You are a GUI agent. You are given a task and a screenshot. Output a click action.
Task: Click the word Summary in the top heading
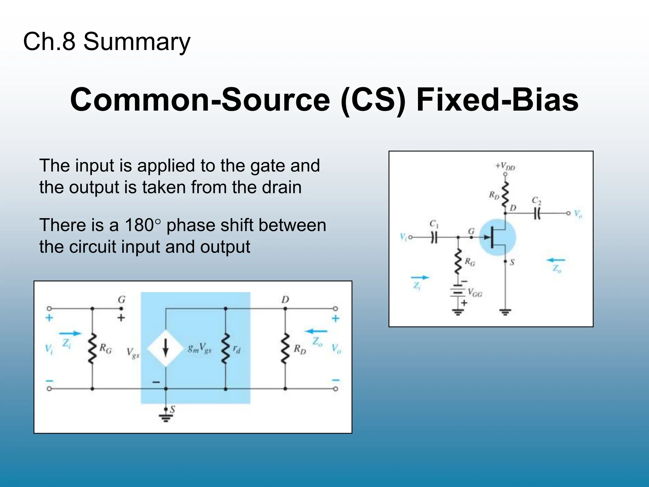137,42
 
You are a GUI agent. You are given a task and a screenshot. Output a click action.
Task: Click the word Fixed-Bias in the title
497,100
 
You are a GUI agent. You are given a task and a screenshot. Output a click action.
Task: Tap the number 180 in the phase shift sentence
139,225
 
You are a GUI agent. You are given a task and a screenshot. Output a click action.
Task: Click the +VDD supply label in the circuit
505,166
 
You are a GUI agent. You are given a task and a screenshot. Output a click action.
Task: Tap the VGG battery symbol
458,291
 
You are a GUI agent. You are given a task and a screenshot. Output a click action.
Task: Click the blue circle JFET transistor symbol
497,237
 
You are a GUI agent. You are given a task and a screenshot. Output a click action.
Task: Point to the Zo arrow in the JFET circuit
556,260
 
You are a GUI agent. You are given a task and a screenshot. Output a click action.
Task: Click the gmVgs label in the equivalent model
199,349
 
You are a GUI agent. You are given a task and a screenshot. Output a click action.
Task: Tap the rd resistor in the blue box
225,348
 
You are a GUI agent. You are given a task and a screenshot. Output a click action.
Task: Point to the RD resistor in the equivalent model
285,348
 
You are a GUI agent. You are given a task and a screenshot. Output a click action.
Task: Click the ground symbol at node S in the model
165,418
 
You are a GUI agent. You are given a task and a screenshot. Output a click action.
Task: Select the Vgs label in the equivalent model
132,353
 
